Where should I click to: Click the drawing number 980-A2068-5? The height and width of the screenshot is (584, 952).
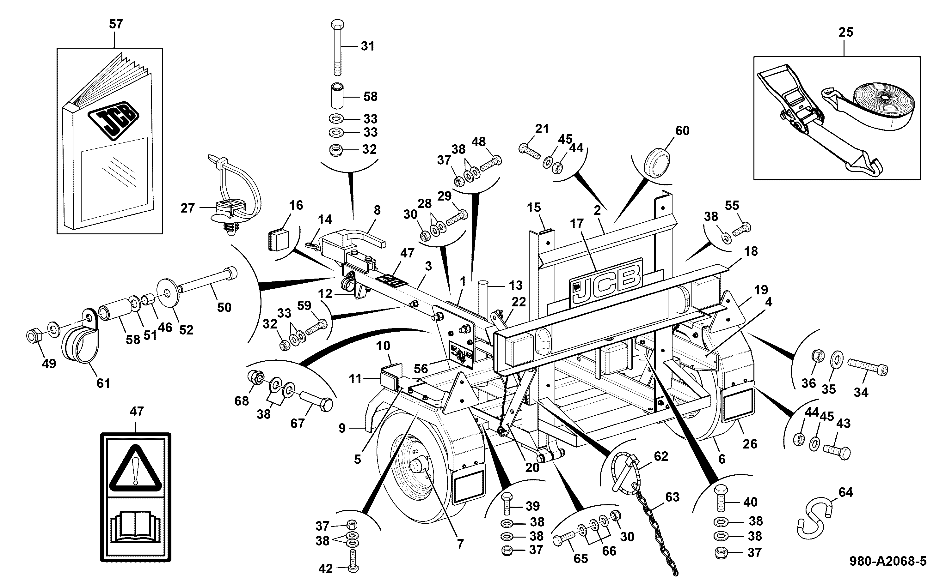tap(888, 561)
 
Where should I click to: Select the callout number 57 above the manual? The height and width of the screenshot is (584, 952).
tap(116, 24)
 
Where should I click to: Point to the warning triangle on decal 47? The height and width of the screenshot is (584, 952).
tap(135, 468)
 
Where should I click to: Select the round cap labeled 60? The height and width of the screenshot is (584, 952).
tap(657, 163)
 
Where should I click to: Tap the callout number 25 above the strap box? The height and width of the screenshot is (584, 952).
tap(846, 32)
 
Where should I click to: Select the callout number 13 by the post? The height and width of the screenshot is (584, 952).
tap(516, 286)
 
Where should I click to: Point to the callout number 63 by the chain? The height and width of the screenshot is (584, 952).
tap(672, 497)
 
